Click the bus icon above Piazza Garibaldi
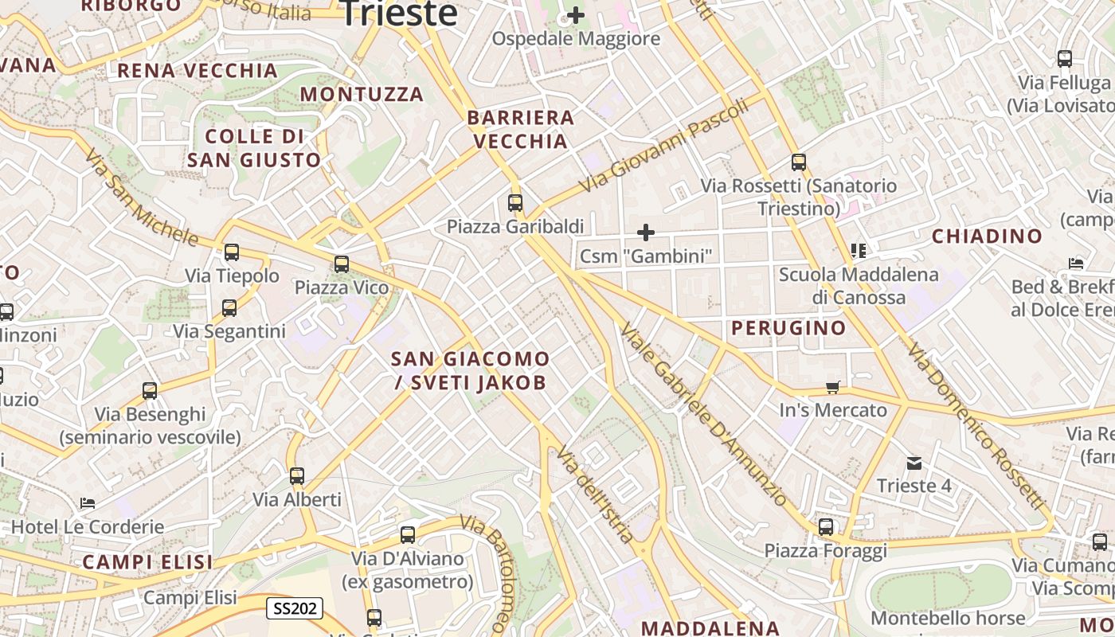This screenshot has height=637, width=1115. click(515, 203)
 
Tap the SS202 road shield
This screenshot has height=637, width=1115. click(294, 609)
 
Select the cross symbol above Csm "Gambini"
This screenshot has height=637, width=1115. click(646, 233)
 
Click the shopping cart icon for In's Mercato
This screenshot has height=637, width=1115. click(833, 388)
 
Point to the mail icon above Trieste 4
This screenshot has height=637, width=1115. click(914, 463)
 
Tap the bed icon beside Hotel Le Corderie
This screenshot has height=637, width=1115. click(88, 503)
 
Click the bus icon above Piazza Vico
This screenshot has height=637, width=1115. click(342, 264)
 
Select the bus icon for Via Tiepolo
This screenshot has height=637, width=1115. click(232, 252)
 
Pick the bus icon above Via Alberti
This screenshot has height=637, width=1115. click(297, 476)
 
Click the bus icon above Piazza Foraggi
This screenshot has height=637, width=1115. click(826, 527)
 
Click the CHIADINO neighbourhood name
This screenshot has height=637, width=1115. click(987, 236)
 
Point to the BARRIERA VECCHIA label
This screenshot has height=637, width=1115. click(520, 130)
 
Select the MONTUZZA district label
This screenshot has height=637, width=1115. click(362, 95)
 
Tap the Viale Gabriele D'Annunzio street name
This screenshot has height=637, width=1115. click(704, 414)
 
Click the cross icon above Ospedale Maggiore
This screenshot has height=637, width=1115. click(575, 15)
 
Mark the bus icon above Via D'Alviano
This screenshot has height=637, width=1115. click(408, 535)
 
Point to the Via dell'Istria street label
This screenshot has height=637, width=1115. click(595, 494)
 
